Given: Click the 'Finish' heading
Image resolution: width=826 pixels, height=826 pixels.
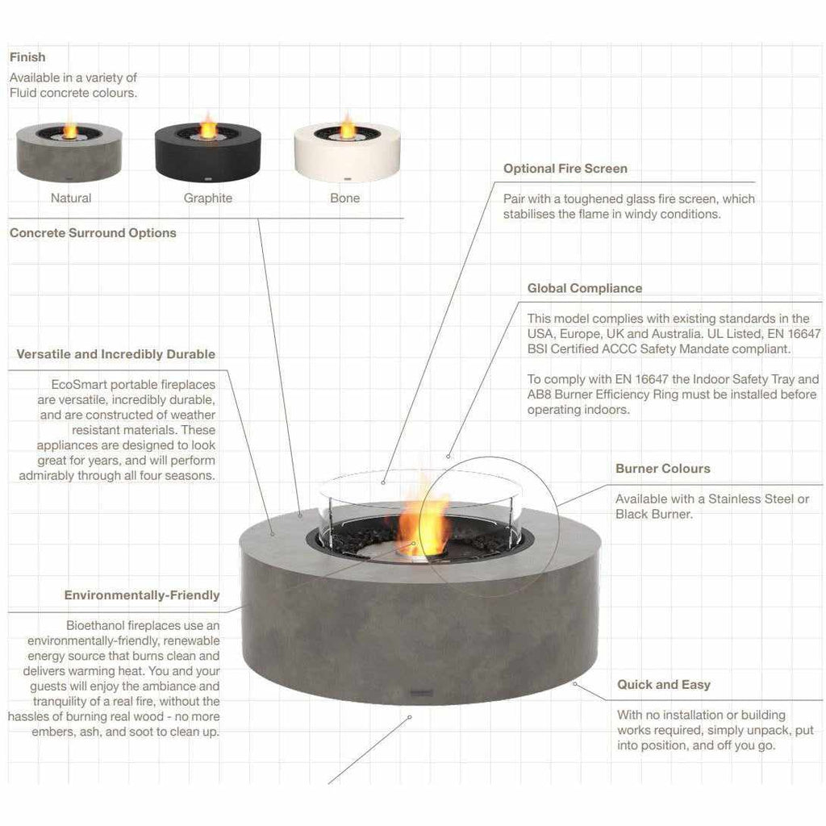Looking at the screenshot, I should click(x=27, y=57).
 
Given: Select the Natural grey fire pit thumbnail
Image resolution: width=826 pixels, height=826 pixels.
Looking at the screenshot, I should click(x=69, y=152).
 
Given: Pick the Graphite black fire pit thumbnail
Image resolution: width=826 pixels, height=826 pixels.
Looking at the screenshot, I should click(x=207, y=152).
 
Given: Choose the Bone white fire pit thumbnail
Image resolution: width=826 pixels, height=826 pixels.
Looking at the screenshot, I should click(x=347, y=152).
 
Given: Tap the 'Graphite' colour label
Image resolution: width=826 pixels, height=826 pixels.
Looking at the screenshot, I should click(x=207, y=198).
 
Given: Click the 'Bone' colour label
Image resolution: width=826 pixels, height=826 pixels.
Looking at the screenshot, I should click(x=345, y=198).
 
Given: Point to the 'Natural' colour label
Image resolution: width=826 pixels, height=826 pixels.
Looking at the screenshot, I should click(x=71, y=198).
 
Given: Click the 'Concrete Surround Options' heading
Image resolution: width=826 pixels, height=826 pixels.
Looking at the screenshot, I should click(x=93, y=233).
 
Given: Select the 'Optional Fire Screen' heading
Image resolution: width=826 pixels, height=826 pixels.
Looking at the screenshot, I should click(x=565, y=169).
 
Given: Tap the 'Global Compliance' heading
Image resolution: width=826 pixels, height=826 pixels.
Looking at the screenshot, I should click(x=585, y=288).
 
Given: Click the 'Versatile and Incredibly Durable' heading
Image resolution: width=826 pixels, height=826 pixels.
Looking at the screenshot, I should click(x=115, y=354).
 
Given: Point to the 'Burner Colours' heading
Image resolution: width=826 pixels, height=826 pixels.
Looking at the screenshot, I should click(x=662, y=469).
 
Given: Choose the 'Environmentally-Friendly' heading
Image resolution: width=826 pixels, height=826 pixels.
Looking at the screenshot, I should click(x=142, y=595).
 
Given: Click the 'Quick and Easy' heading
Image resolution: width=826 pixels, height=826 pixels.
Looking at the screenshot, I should click(x=663, y=685).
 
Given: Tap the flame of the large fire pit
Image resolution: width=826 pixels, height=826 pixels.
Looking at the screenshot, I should click(x=423, y=516).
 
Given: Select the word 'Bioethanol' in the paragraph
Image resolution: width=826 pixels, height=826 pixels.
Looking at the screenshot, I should click(x=94, y=625).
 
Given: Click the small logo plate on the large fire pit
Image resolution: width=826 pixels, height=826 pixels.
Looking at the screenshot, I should click(x=422, y=690).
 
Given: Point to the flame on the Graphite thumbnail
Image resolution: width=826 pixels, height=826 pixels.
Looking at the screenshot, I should click(x=208, y=126).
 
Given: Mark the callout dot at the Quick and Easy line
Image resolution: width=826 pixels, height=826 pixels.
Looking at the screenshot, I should click(x=574, y=683).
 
